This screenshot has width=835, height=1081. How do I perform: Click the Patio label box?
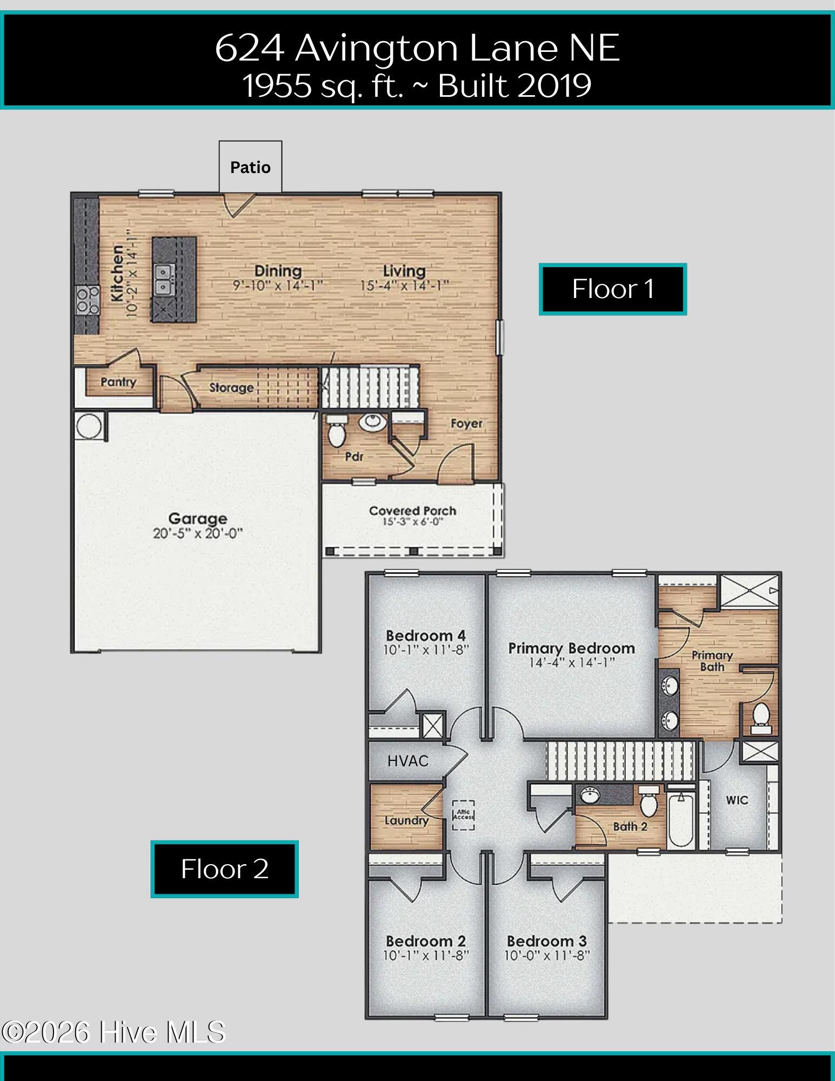point(250,167)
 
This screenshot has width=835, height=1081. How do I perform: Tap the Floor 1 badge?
point(613,289)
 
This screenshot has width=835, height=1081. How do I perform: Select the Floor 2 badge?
point(225,869)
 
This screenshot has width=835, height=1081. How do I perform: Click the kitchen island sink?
point(162,278)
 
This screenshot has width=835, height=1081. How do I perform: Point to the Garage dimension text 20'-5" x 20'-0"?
point(198,534)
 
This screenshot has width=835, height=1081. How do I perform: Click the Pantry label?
point(118,382)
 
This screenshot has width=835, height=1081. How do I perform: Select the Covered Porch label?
point(412,510)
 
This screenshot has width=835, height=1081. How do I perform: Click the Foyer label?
point(466,424)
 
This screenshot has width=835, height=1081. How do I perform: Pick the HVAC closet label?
point(408,761)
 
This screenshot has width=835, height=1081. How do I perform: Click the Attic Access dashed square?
point(464,815)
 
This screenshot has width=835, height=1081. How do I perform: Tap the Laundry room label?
point(406,821)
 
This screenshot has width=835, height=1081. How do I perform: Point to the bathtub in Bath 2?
point(681,819)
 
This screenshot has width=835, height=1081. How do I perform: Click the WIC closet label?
point(737,800)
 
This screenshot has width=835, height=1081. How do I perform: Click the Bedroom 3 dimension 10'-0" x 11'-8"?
point(547,956)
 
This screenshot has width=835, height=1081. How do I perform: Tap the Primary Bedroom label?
point(572,648)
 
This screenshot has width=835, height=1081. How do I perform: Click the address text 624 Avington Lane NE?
point(417,48)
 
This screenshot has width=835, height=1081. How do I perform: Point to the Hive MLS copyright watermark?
point(113,1032)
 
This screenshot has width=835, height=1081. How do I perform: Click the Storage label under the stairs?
point(231,388)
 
